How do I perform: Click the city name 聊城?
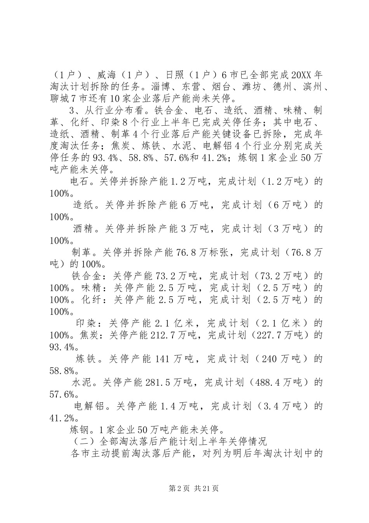coord(59,98)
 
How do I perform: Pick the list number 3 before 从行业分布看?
coord(71,110)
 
